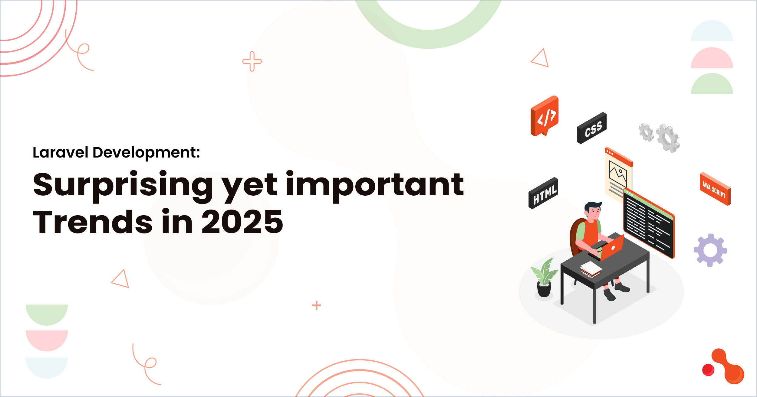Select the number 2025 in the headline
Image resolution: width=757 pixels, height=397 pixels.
[x=242, y=222]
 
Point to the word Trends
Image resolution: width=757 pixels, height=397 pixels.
[x=93, y=222]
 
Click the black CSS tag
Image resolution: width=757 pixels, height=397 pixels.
[x=592, y=128]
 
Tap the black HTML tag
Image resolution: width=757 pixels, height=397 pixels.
[x=543, y=193]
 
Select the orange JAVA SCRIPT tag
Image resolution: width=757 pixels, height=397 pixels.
[x=715, y=189]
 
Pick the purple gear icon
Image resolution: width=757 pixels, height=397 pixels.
[x=710, y=250]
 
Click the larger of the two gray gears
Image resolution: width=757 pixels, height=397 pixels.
[x=668, y=138]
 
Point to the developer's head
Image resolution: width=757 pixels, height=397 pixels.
[x=593, y=210]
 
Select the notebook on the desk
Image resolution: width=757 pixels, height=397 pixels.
[x=591, y=269]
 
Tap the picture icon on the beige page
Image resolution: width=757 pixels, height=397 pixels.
[x=617, y=174]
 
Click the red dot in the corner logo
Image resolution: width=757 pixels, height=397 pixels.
[x=708, y=370]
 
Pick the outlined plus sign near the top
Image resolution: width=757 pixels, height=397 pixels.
[x=252, y=61]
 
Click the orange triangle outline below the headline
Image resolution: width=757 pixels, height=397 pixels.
[x=121, y=279]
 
